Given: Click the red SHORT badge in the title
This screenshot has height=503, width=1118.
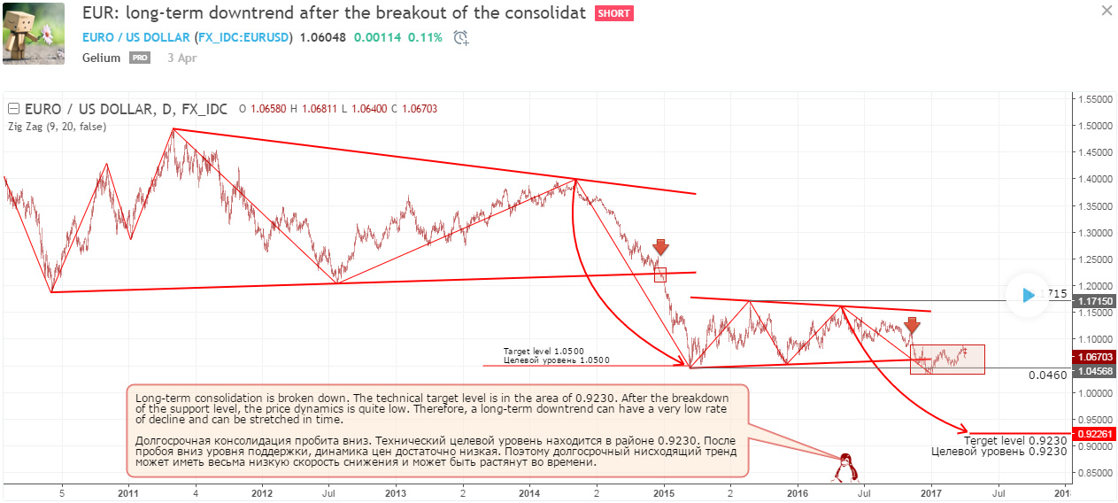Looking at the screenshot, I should tap(613, 14).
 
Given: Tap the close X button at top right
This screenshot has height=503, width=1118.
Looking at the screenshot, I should tap(1106, 11).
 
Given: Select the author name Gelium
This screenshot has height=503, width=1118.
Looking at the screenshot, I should tap(101, 58).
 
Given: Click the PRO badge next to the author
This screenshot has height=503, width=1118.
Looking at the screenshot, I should tap(140, 58).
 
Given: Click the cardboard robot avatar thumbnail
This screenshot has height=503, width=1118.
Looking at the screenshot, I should tap(34, 33).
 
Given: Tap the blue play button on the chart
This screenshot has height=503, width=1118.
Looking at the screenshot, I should tap(1027, 295).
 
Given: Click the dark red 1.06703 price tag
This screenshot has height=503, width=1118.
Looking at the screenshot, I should tap(1096, 357).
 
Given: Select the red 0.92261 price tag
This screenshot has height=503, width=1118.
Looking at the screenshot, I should tap(1096, 434).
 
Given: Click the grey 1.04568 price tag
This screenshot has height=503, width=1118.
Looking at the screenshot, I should tap(1096, 371).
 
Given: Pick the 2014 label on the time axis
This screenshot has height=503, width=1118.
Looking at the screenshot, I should tap(529, 493).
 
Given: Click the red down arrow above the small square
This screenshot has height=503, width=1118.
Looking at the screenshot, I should tap(659, 247).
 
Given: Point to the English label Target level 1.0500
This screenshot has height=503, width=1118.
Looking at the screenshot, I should tap(544, 352).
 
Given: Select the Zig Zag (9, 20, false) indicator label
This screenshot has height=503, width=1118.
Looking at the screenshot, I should tap(57, 127).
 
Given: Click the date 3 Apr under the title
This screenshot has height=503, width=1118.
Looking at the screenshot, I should tap(181, 58).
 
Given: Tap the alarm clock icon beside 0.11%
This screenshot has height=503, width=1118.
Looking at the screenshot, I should tap(460, 38).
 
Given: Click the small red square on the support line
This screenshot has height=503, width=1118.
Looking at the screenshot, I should tap(659, 275).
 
